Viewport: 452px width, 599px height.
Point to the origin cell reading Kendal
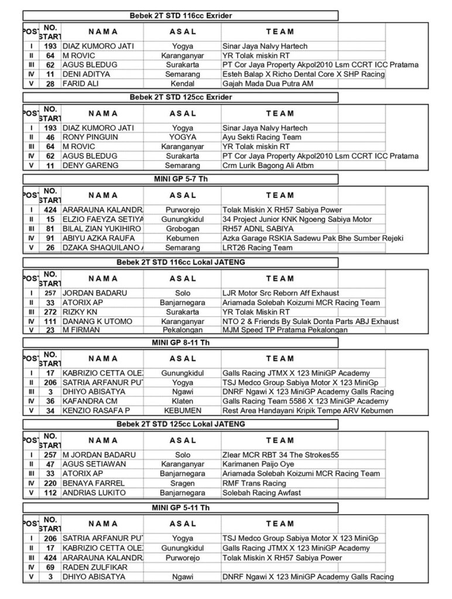(x=182, y=84)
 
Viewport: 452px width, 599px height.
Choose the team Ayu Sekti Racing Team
(x=262, y=137)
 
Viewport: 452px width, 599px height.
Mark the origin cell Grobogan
(x=182, y=228)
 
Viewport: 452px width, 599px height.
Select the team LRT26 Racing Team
(x=257, y=247)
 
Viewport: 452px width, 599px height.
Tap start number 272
(x=50, y=312)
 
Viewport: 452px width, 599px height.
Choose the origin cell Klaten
(x=182, y=401)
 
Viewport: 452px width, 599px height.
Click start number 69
(x=50, y=567)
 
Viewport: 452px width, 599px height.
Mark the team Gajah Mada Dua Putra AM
(x=268, y=84)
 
